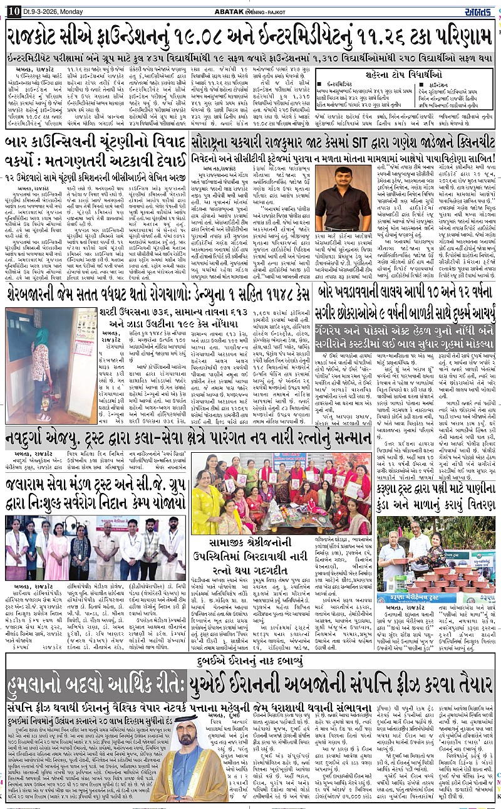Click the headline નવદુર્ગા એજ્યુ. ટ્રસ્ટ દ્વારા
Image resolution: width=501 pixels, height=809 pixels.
pyautogui.click(x=188, y=436)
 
